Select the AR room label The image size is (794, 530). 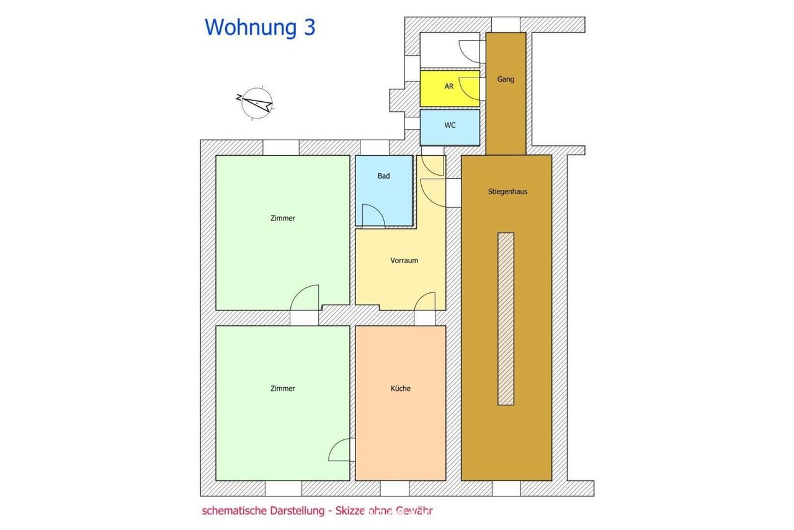click(448, 86)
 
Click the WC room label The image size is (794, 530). click(450, 125)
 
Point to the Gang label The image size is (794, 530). click(506, 79)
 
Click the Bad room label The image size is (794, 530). click(383, 176)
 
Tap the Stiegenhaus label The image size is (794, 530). click(507, 192)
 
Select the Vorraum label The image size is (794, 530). click(404, 261)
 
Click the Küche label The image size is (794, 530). click(401, 389)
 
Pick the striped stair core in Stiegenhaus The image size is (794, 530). click(506, 318)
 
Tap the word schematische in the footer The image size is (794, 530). click(234, 511)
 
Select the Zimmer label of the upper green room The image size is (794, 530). click(282, 218)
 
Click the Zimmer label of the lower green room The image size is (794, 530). click(282, 389)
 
